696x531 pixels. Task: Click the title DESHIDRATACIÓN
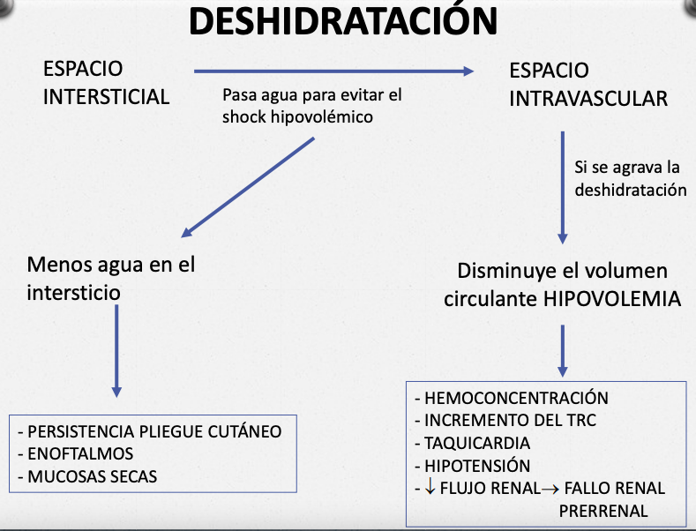344,22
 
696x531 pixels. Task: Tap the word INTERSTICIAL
106,97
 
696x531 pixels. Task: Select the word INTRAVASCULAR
588,99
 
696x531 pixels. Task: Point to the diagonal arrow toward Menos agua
248,187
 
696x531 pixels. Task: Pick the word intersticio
73,292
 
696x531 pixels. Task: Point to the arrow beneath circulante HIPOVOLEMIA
562,351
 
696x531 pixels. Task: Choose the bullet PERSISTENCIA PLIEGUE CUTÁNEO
154,431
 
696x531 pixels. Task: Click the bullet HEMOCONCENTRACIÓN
516,398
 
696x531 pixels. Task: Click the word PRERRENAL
603,511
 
